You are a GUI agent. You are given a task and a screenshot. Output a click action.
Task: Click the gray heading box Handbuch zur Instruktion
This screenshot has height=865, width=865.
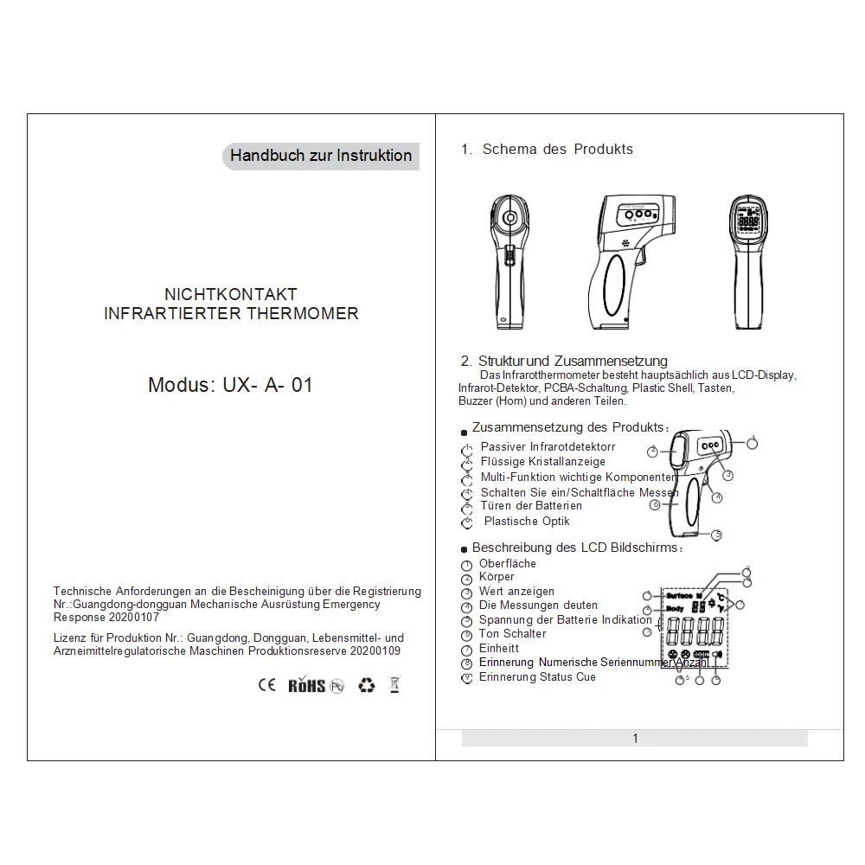pos(321,156)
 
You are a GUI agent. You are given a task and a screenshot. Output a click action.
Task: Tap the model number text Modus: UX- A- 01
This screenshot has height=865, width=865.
pos(230,385)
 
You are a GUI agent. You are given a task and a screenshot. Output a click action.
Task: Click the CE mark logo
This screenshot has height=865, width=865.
pos(267,685)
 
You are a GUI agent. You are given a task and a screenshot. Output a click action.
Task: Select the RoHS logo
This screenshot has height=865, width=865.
pos(307,685)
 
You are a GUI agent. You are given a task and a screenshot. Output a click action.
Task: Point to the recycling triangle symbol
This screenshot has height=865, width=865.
pos(367,685)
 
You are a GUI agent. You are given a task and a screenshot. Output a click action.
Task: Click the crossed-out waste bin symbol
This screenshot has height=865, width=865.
pos(394,685)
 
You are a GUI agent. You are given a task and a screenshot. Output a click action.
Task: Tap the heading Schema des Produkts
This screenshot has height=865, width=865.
pos(557,150)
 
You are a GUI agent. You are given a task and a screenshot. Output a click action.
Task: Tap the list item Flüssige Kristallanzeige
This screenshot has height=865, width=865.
pos(543,462)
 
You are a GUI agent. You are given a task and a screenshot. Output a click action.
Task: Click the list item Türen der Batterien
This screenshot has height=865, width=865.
pos(531,506)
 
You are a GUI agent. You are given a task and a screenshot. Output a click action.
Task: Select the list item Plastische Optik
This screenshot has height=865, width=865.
pos(527,522)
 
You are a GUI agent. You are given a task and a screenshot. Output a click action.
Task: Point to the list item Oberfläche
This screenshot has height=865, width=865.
pos(508,564)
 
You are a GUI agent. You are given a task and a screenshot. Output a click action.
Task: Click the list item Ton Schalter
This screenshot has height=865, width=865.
pos(512,634)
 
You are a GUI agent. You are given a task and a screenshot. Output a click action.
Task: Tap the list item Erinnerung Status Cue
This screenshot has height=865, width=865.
pos(537,677)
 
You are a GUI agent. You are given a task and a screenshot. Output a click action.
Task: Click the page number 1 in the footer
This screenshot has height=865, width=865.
pos(635,738)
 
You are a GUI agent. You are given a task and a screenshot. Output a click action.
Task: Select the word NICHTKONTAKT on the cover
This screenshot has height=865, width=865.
pos(231,295)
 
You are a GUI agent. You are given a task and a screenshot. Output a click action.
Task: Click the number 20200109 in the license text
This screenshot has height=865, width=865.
pos(371,650)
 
